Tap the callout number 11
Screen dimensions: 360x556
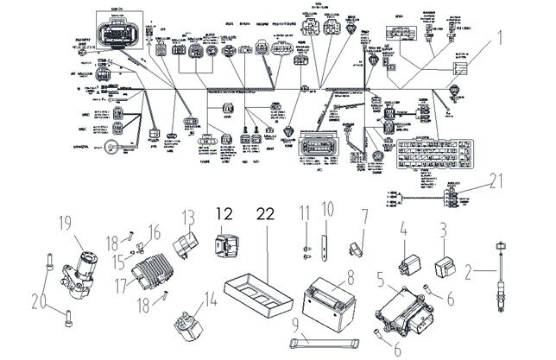305,212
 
